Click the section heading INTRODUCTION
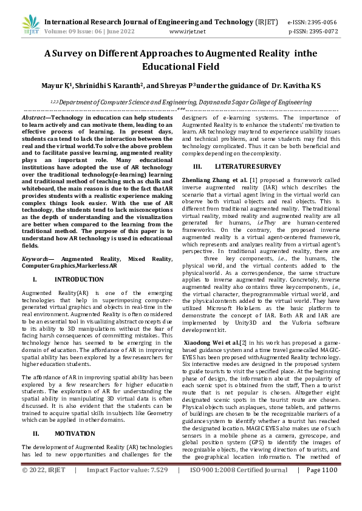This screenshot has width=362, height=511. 79,279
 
